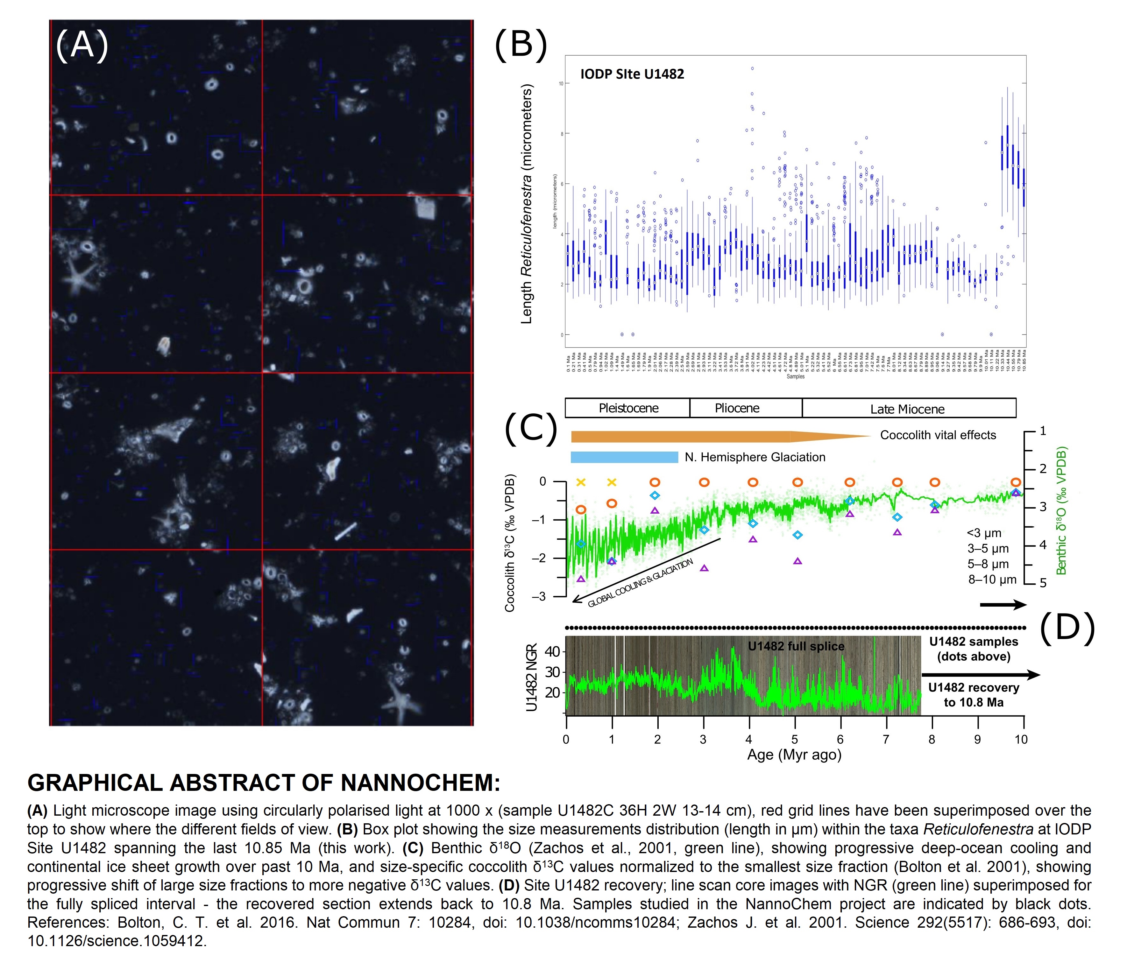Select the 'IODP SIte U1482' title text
pos(632,74)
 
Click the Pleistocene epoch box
pos(628,408)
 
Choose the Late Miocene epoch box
pos(907,409)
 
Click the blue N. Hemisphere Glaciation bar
pos(624,457)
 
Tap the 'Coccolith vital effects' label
pos(938,435)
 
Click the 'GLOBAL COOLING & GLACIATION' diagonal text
pos(640,583)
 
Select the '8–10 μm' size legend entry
pos(992,580)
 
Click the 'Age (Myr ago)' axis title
pos(794,755)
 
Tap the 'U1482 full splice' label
pos(796,646)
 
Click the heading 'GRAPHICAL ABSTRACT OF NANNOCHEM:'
pos(264,783)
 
